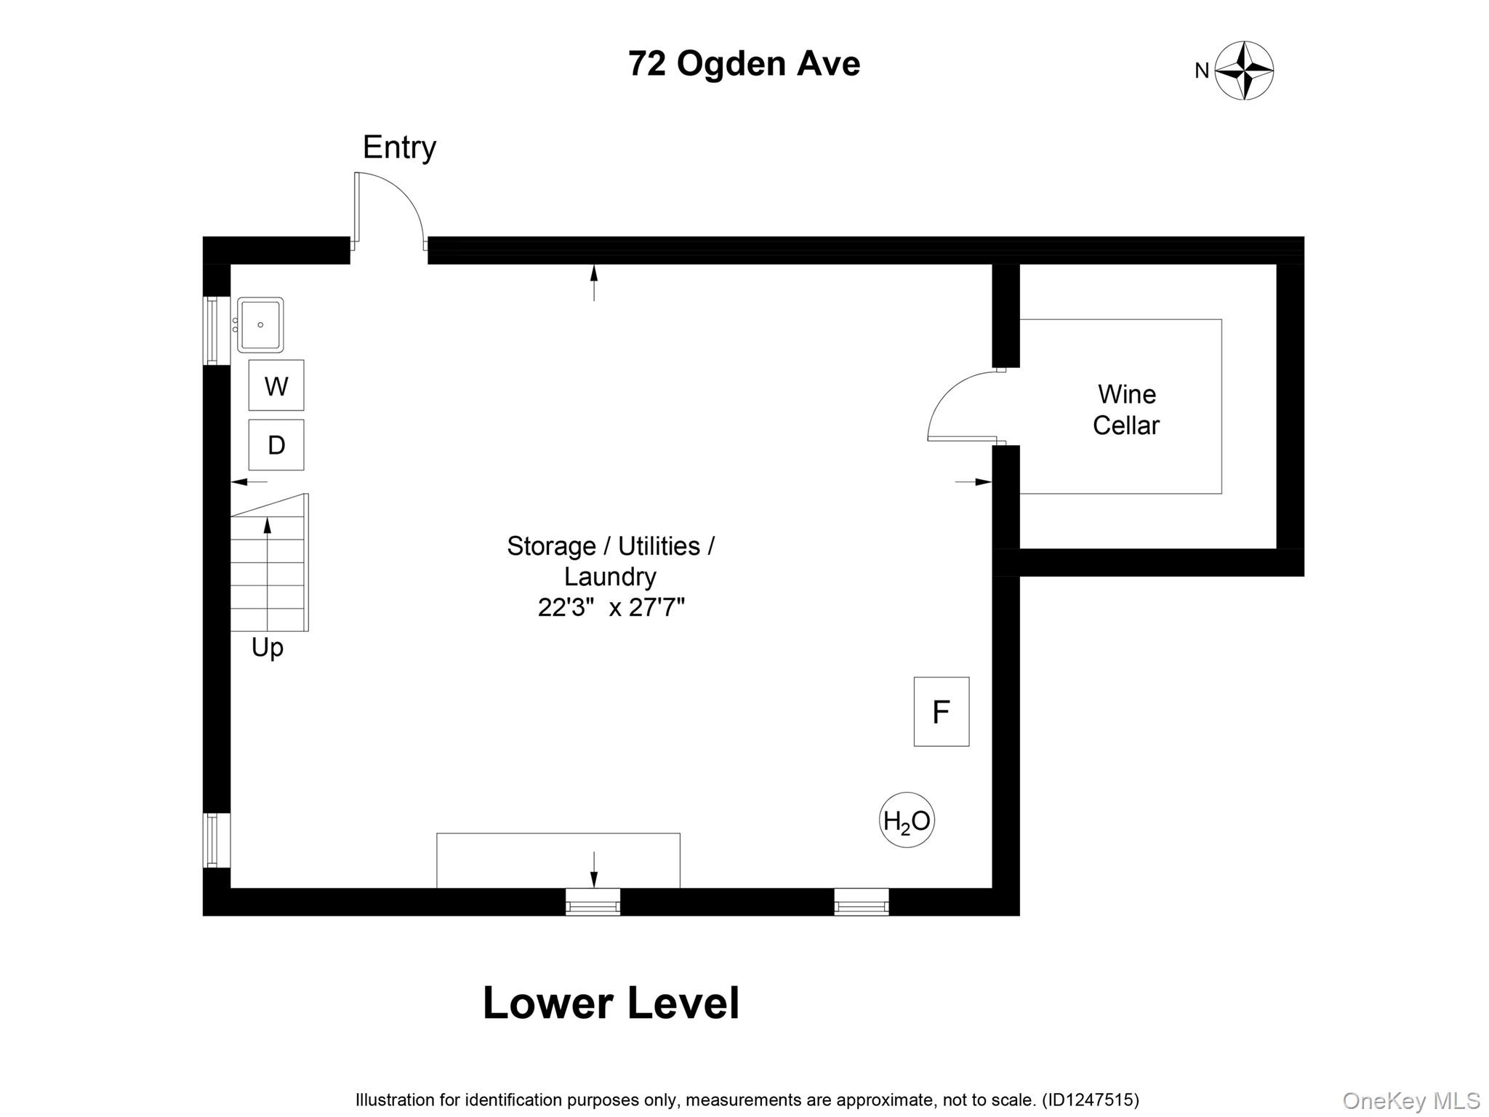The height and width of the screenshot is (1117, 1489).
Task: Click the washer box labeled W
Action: coord(276,385)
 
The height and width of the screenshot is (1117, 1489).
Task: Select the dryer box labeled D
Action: coord(276,445)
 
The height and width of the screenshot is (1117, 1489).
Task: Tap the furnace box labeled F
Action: coord(942,711)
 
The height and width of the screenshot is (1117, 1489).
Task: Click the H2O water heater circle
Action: coord(907,820)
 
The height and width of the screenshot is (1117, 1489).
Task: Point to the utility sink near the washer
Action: coord(260,325)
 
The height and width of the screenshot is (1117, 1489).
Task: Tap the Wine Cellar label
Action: coord(1126,409)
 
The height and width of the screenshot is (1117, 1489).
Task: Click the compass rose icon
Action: coord(1244,71)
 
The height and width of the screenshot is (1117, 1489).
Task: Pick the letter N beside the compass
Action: coord(1202,71)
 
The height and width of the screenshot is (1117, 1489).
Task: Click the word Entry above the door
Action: coord(399,148)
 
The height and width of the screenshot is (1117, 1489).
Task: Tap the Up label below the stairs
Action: coord(267,647)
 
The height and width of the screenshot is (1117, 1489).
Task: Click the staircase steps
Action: coord(269,564)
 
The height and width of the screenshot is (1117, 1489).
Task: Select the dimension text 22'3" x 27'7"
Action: coord(611,607)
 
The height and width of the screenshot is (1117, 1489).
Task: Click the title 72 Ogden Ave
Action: coord(744,64)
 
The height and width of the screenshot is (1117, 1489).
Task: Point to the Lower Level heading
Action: coord(611,1003)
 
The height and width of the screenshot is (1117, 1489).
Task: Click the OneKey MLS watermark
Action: coord(1410,1101)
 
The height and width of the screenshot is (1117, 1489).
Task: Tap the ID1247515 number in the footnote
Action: coord(1091,1100)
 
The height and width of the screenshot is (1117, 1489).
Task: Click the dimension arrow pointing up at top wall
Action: coord(594,282)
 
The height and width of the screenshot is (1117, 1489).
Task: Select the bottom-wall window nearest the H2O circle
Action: coord(862,902)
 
